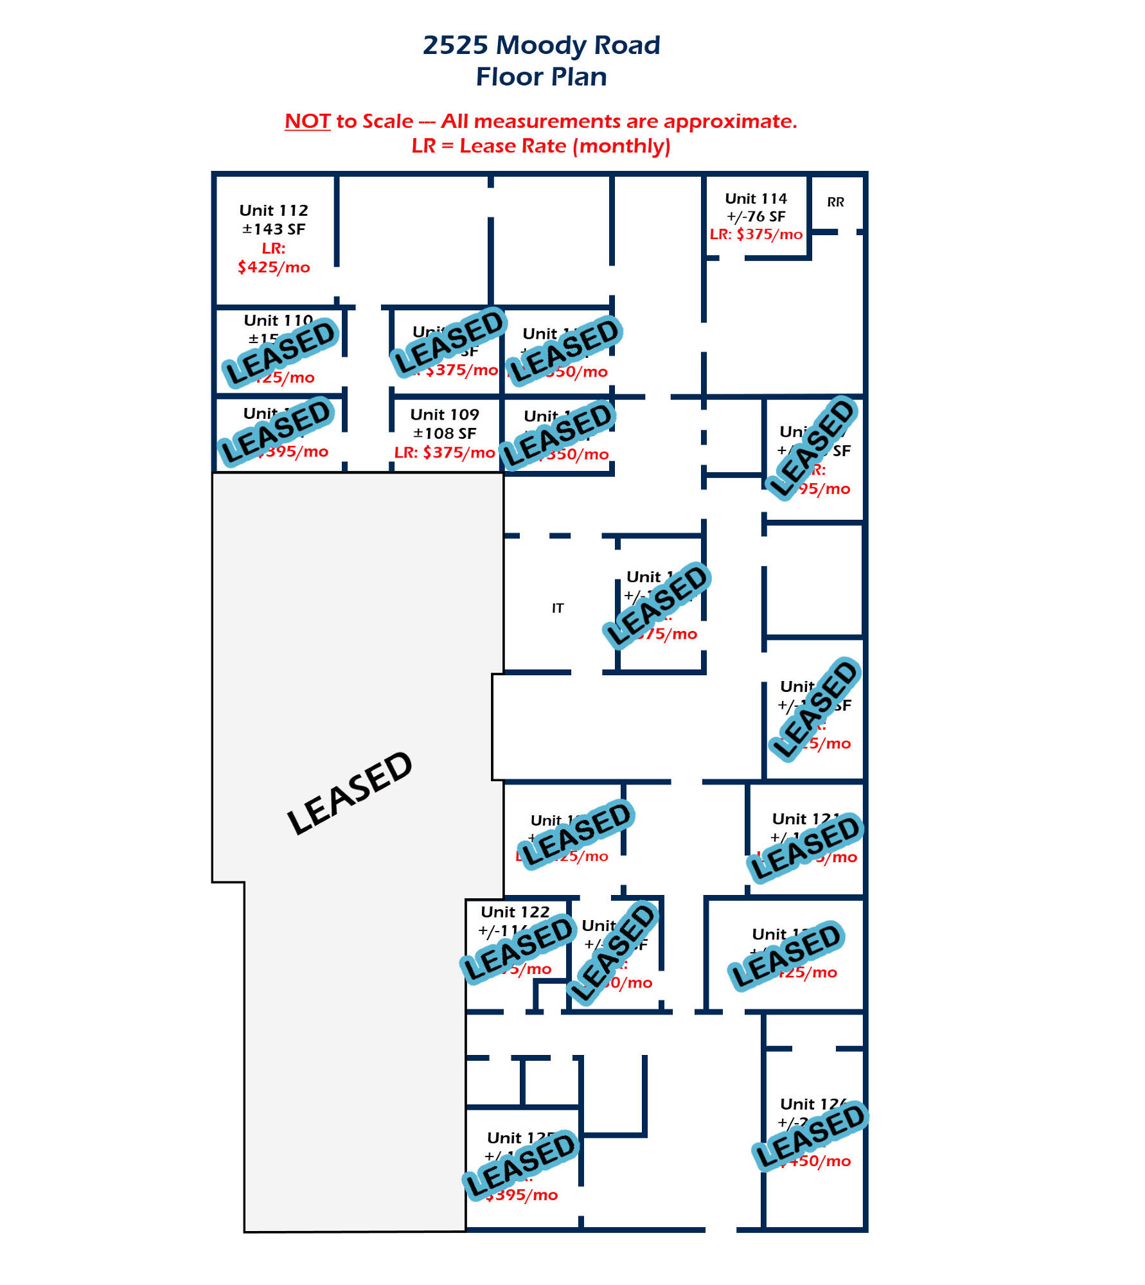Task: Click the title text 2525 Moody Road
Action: click(541, 46)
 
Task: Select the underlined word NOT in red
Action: click(307, 121)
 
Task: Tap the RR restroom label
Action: click(835, 202)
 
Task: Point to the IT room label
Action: click(557, 608)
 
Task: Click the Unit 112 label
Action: click(274, 211)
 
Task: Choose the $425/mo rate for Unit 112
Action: click(274, 267)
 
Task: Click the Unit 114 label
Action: click(756, 199)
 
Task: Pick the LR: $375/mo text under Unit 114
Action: click(756, 235)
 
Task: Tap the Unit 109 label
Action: click(445, 415)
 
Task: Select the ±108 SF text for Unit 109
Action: click(445, 434)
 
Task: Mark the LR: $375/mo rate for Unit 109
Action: click(445, 452)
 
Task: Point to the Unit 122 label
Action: click(515, 912)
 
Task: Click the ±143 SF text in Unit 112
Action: click(274, 229)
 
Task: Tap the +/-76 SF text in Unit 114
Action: click(756, 217)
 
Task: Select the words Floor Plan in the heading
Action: click(541, 77)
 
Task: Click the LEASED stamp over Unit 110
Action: click(280, 352)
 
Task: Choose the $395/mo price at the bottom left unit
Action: click(522, 1195)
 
